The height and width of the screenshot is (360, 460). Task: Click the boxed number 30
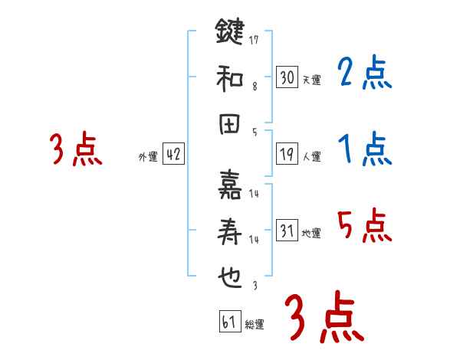tap(287, 77)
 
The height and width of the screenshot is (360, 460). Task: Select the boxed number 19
tap(287, 154)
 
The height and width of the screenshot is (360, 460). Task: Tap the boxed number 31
tap(287, 231)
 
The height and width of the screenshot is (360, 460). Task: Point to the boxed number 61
tap(228, 322)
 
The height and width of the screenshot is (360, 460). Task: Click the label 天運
tap(311, 80)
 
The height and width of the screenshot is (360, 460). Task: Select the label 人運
tap(311, 157)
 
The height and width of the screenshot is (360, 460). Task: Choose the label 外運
tap(147, 157)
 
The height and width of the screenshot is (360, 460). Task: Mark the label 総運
tap(255, 325)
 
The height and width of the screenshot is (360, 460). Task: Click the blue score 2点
tap(364, 74)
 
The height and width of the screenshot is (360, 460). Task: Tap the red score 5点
tap(364, 226)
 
